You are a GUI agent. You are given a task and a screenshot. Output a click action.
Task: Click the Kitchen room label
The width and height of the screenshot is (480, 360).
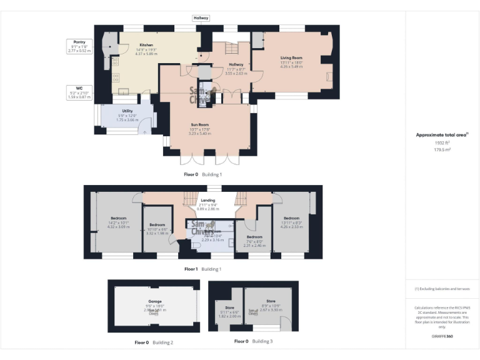(146, 45)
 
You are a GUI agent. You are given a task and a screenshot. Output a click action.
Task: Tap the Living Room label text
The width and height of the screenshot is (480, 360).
(291, 57)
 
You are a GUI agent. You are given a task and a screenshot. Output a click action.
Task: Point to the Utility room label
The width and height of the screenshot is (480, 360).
(127, 111)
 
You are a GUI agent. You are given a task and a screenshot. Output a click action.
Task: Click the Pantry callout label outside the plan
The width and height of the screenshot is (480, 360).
(79, 42)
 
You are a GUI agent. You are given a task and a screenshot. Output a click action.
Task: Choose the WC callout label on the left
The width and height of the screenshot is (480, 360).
(79, 88)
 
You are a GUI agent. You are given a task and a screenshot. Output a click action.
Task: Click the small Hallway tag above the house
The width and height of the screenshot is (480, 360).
(201, 18)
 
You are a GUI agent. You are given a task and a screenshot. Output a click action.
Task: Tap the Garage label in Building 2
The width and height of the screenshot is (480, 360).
(154, 301)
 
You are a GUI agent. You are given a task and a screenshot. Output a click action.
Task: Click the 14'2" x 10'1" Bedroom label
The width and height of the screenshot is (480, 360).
(114, 218)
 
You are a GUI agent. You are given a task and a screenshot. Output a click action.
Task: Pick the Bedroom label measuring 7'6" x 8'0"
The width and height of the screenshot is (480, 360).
(254, 237)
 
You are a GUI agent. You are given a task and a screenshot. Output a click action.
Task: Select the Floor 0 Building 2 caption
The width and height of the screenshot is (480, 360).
(154, 342)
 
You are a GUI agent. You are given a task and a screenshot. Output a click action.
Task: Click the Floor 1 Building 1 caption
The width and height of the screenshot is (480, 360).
(203, 269)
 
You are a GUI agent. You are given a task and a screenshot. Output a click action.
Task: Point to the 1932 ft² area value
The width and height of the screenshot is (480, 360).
(442, 142)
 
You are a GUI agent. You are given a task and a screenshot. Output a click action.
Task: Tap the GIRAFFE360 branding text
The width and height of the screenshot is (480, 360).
(442, 336)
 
